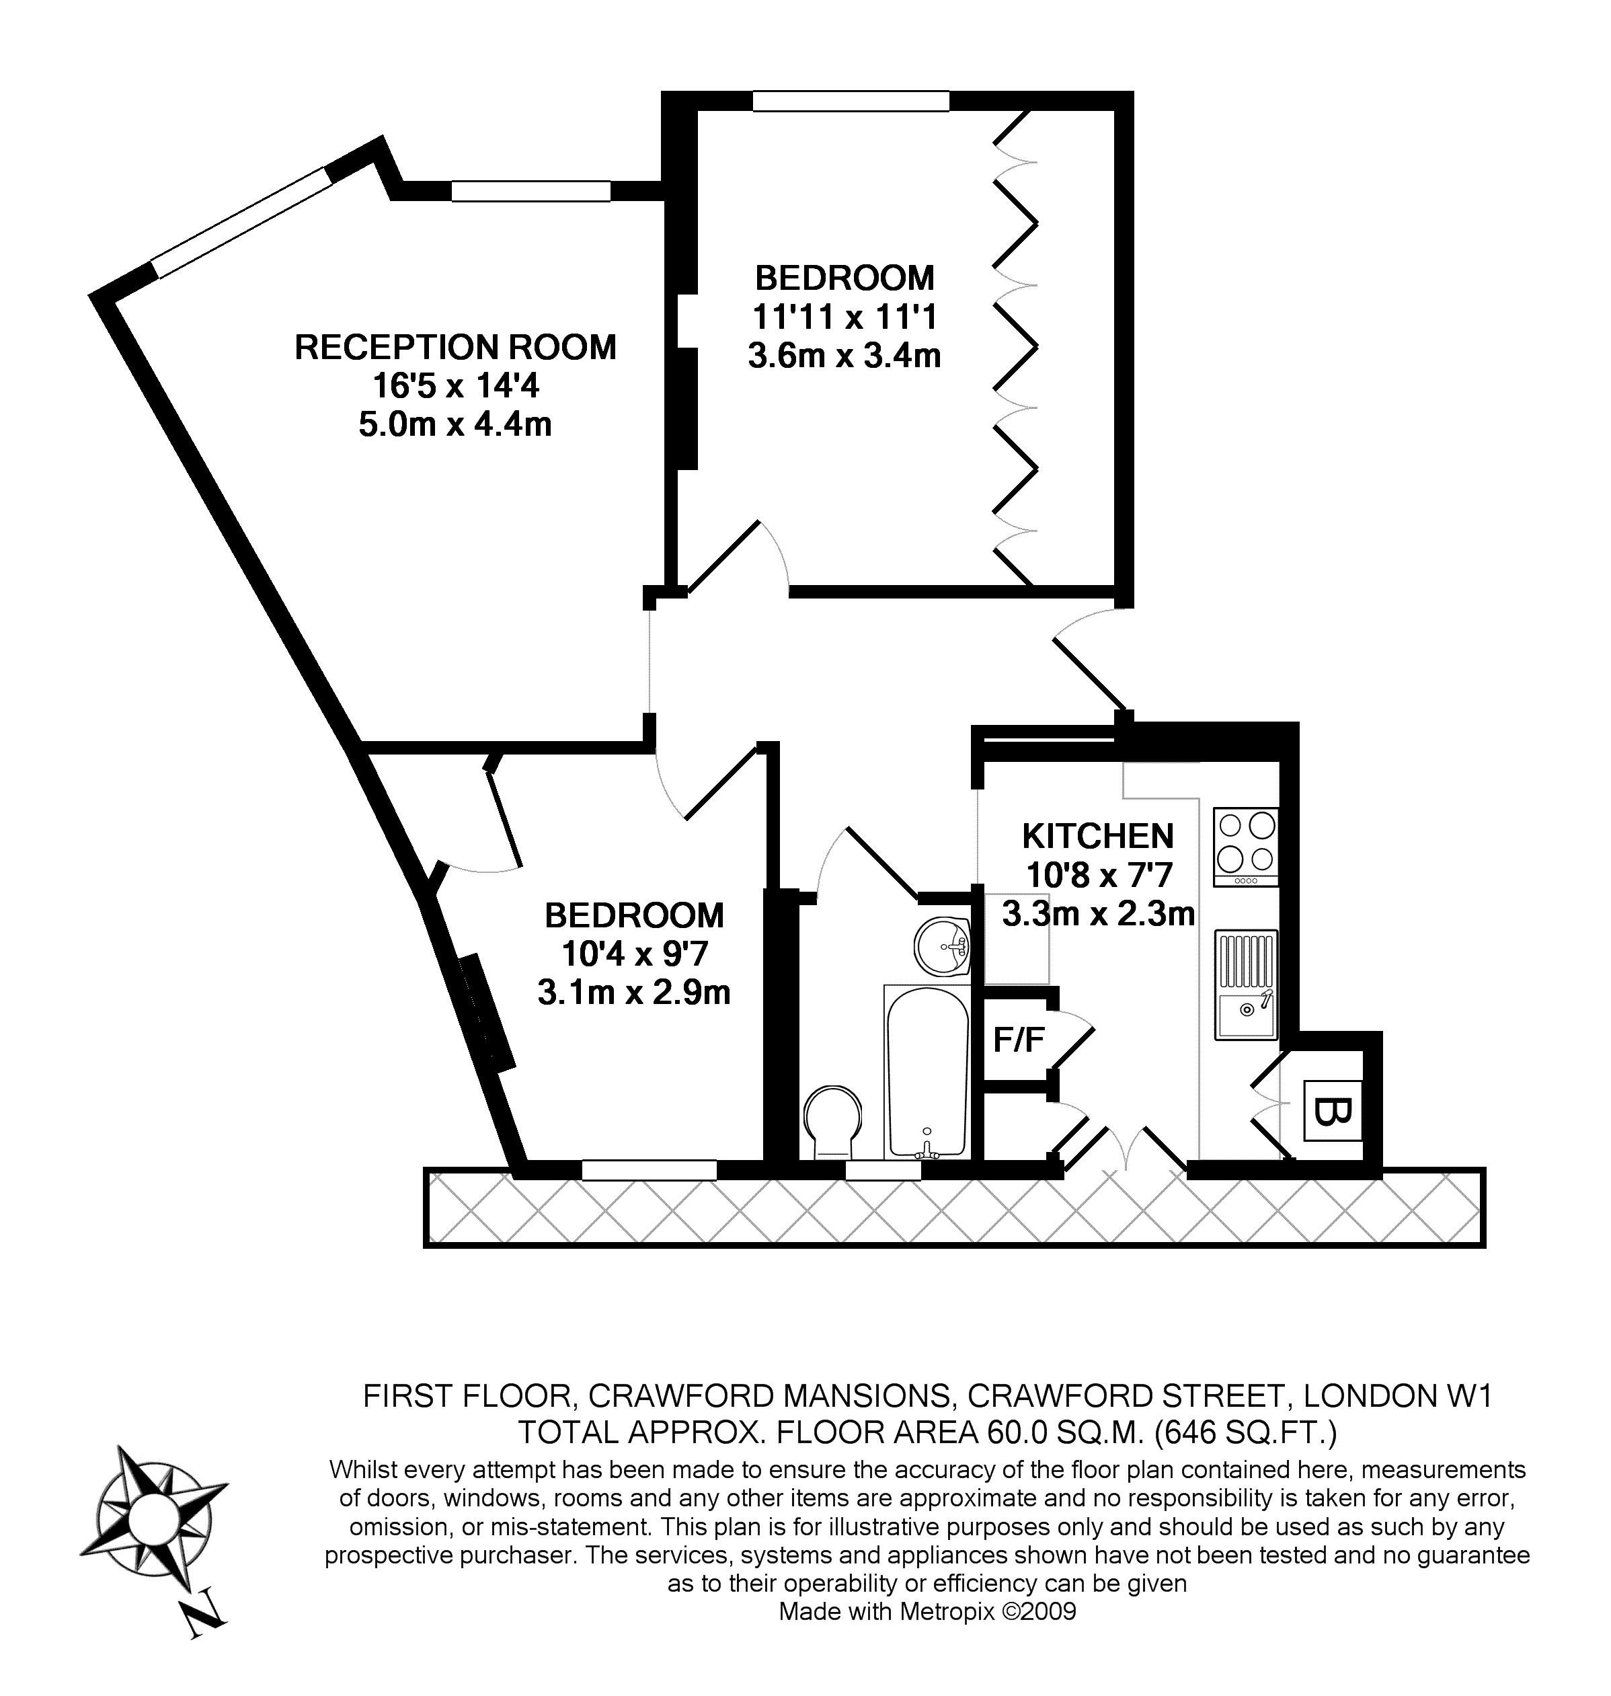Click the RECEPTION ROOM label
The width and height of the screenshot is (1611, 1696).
click(455, 347)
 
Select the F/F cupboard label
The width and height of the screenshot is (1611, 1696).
click(1019, 1041)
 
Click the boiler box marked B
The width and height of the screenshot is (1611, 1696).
click(1332, 1111)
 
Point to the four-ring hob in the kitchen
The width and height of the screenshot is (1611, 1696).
click(1246, 846)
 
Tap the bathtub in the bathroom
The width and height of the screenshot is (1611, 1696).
click(926, 1071)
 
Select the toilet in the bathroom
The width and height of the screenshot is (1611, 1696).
click(832, 1122)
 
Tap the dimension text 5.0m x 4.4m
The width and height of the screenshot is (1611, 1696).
click(455, 424)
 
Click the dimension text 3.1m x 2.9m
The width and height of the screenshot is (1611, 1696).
click(634, 993)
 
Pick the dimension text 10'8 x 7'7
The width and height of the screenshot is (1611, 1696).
click(1099, 874)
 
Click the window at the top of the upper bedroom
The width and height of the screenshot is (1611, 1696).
click(851, 102)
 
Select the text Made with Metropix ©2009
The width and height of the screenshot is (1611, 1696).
click(927, 1611)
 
